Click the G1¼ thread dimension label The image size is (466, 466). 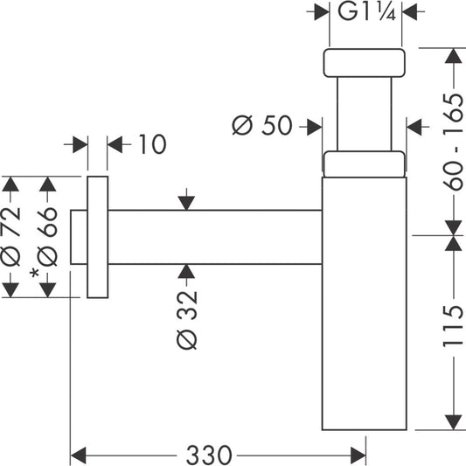click(x=366, y=12)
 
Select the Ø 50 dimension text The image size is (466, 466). click(x=261, y=125)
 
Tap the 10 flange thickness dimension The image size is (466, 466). click(x=152, y=144)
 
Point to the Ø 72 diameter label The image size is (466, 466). click(x=11, y=237)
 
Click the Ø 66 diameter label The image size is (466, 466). click(x=47, y=237)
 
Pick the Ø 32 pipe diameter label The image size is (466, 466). click(x=187, y=319)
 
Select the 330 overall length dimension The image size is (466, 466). click(x=209, y=455)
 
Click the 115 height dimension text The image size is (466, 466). click(x=454, y=326)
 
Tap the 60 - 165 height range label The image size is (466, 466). click(x=454, y=142)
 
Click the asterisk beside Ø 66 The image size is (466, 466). click(x=35, y=273)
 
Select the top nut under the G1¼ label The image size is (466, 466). click(x=364, y=63)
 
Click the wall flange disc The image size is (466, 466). click(x=97, y=237)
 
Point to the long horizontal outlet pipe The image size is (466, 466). click(x=215, y=237)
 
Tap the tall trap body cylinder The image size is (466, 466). click(x=365, y=303)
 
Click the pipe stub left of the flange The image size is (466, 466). click(x=79, y=237)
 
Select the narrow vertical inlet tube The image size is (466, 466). click(x=365, y=114)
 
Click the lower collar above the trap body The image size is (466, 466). click(x=365, y=164)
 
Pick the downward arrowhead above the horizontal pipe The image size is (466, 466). click(x=186, y=203)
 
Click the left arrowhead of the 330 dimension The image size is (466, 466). click(x=79, y=455)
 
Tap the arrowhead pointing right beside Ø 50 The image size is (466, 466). click(x=315, y=127)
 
